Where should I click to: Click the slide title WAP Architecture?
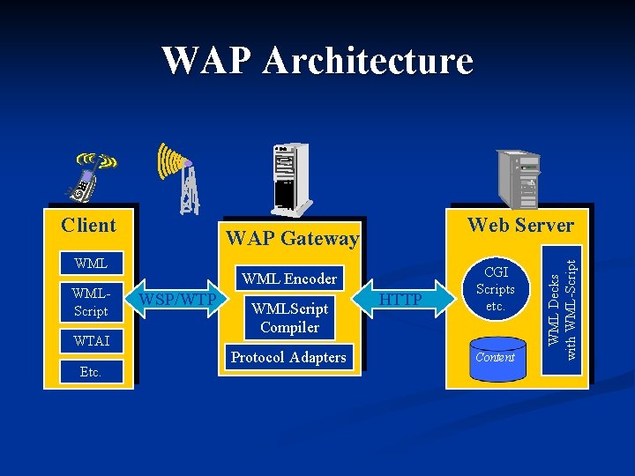(317, 61)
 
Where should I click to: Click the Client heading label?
(89, 225)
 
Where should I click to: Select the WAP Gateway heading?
(292, 238)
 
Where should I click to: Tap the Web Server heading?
(520, 225)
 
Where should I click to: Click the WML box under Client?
(91, 264)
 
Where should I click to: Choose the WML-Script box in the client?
(91, 301)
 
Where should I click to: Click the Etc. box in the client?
(91, 372)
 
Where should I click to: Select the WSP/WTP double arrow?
(179, 301)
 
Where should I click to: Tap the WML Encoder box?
(289, 279)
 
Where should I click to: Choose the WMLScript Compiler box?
(289, 318)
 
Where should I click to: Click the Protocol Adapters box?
(289, 357)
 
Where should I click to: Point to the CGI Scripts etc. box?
(495, 289)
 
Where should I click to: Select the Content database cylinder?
(495, 358)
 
